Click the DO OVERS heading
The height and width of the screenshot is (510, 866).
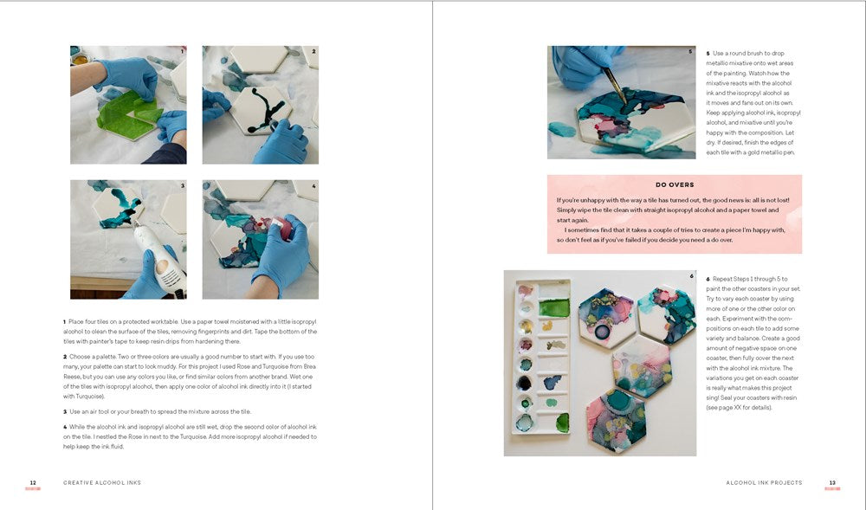click(x=674, y=184)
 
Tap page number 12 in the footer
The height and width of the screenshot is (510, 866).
click(x=33, y=482)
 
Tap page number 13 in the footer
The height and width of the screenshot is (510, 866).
click(x=832, y=482)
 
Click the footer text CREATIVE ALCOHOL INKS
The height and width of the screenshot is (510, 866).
click(x=102, y=482)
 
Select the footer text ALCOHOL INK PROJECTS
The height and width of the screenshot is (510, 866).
click(x=764, y=482)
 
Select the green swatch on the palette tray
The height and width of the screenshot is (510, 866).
click(x=554, y=307)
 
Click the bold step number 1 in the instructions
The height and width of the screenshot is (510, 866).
click(x=65, y=322)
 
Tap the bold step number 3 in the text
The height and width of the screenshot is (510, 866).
click(x=65, y=411)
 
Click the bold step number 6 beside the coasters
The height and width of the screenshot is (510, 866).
click(x=708, y=279)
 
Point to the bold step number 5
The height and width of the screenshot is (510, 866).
click(x=708, y=54)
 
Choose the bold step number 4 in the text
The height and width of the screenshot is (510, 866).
click(x=65, y=427)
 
